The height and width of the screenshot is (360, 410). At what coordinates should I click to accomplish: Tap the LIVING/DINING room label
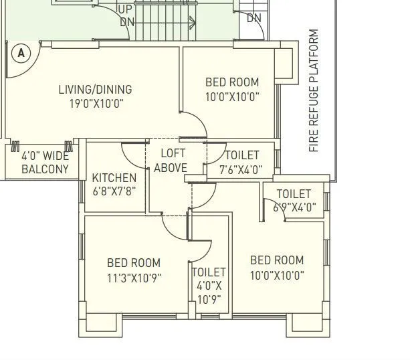pyautogui.click(x=95, y=89)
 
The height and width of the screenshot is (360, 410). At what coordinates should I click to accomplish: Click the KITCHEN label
pyautogui.click(x=114, y=178)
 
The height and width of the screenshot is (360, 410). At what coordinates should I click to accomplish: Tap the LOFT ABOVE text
pyautogui.click(x=171, y=161)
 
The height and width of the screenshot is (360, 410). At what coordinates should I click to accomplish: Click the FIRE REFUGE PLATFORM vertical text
pyautogui.click(x=314, y=90)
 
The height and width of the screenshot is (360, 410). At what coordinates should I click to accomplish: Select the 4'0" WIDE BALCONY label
pyautogui.click(x=45, y=163)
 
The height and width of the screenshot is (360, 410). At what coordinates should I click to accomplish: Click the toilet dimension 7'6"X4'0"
pyautogui.click(x=241, y=170)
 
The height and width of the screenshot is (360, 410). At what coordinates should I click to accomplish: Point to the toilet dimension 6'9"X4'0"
pyautogui.click(x=294, y=207)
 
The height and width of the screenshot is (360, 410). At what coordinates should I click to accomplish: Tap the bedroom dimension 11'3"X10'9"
pyautogui.click(x=134, y=278)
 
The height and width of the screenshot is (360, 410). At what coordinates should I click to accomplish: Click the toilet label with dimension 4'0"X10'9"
pyautogui.click(x=209, y=286)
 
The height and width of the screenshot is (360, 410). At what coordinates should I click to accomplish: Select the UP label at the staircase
pyautogui.click(x=125, y=9)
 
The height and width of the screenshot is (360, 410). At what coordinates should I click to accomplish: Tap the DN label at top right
pyautogui.click(x=254, y=19)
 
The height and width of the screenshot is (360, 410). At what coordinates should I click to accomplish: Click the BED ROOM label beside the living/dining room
pyautogui.click(x=231, y=82)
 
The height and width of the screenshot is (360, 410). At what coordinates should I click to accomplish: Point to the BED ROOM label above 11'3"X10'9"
pyautogui.click(x=134, y=263)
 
